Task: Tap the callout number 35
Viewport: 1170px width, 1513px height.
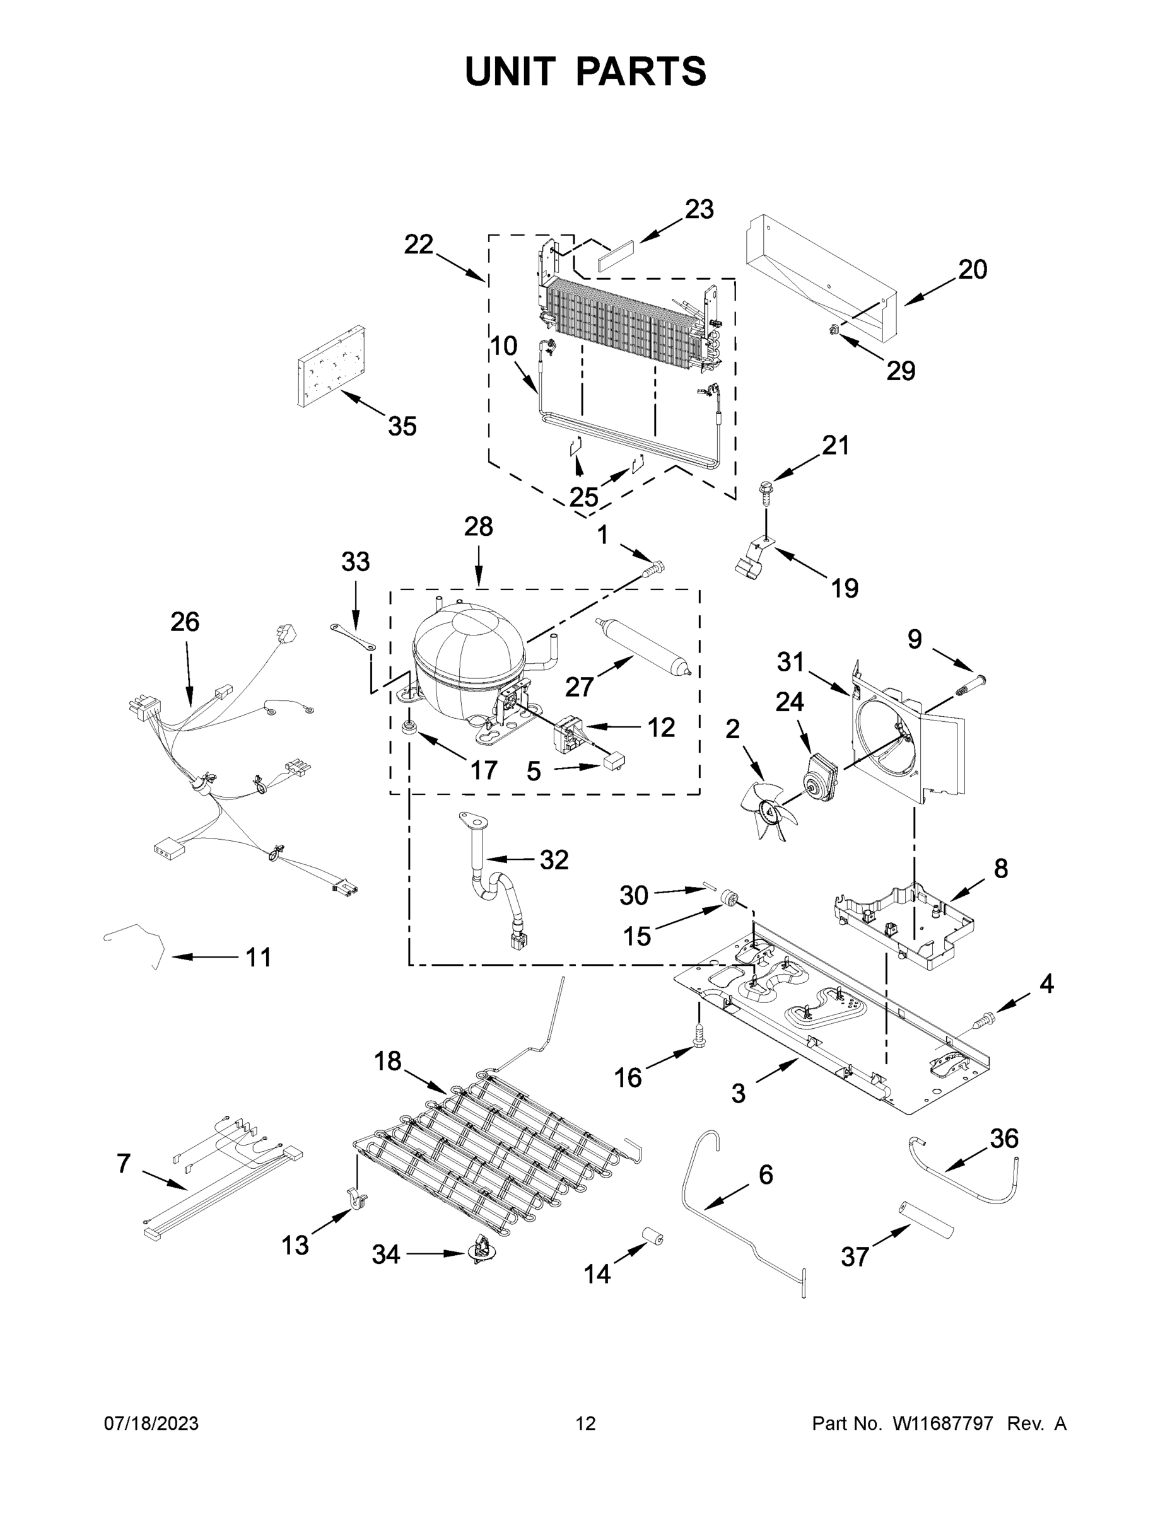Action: click(402, 426)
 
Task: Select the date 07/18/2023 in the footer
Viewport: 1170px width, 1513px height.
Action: click(151, 1423)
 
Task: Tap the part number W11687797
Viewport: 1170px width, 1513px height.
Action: click(943, 1423)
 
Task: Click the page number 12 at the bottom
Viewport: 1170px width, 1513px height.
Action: click(586, 1423)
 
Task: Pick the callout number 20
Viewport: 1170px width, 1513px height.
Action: click(972, 269)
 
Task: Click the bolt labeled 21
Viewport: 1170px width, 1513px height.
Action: click(766, 490)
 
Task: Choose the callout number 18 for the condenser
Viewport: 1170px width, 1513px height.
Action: click(388, 1060)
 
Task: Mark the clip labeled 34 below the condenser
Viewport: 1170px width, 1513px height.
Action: click(478, 1252)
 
